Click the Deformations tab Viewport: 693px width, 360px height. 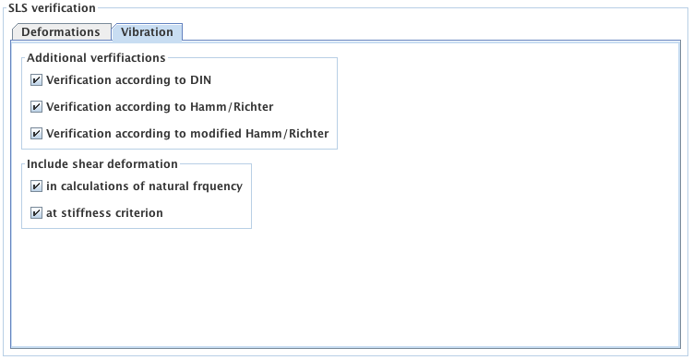[60, 31]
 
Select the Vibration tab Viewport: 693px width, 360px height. [147, 31]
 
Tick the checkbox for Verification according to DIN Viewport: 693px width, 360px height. [36, 80]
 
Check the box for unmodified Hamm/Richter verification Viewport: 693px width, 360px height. [36, 107]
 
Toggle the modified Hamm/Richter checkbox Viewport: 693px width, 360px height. [36, 134]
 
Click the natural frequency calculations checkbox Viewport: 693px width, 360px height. [36, 186]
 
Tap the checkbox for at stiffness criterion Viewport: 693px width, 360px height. [36, 213]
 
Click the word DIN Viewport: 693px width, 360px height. [200, 80]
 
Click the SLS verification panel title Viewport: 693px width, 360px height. [52, 8]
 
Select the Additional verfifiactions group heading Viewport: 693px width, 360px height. [96, 58]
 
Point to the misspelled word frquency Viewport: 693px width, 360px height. [216, 186]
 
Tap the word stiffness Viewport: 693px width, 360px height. [85, 213]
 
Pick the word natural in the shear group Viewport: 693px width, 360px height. [162, 186]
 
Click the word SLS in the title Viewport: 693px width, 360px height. [19, 8]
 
